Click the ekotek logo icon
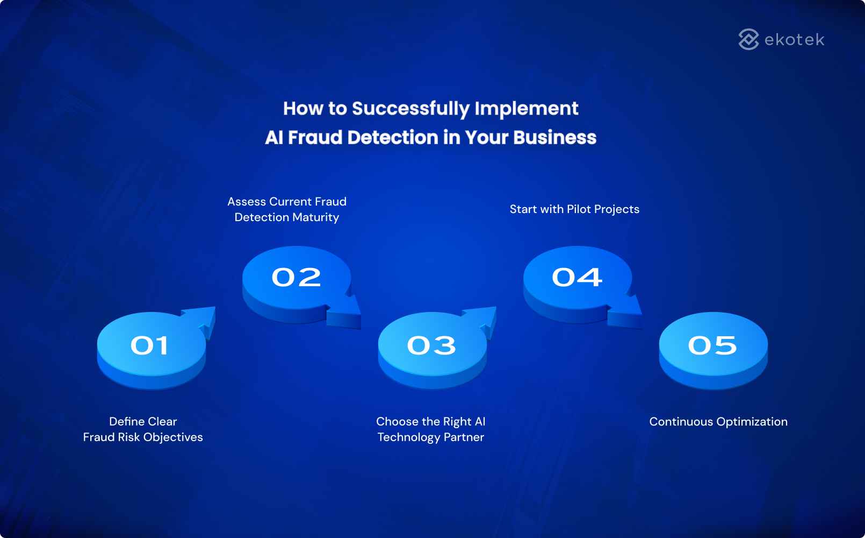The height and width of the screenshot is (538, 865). coord(748,39)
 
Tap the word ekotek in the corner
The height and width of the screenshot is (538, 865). coord(794,40)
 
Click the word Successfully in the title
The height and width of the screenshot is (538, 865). coord(410,109)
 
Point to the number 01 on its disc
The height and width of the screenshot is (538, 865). coord(149,345)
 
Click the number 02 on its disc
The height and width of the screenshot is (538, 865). coord(296,278)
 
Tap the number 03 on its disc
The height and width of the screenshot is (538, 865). coord(431,345)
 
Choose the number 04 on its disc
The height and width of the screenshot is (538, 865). coord(577,278)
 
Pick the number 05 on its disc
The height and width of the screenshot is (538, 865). coord(712,345)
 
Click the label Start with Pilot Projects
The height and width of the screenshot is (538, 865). coord(574,209)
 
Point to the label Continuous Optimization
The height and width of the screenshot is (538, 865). coord(718,422)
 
